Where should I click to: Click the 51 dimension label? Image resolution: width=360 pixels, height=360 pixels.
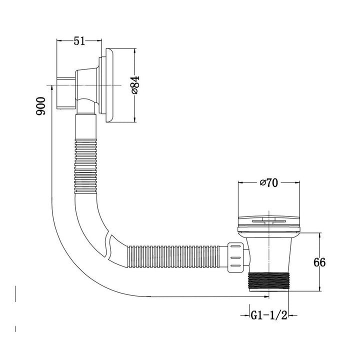point(78,41)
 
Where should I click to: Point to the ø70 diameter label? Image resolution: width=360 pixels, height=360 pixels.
point(268,183)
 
